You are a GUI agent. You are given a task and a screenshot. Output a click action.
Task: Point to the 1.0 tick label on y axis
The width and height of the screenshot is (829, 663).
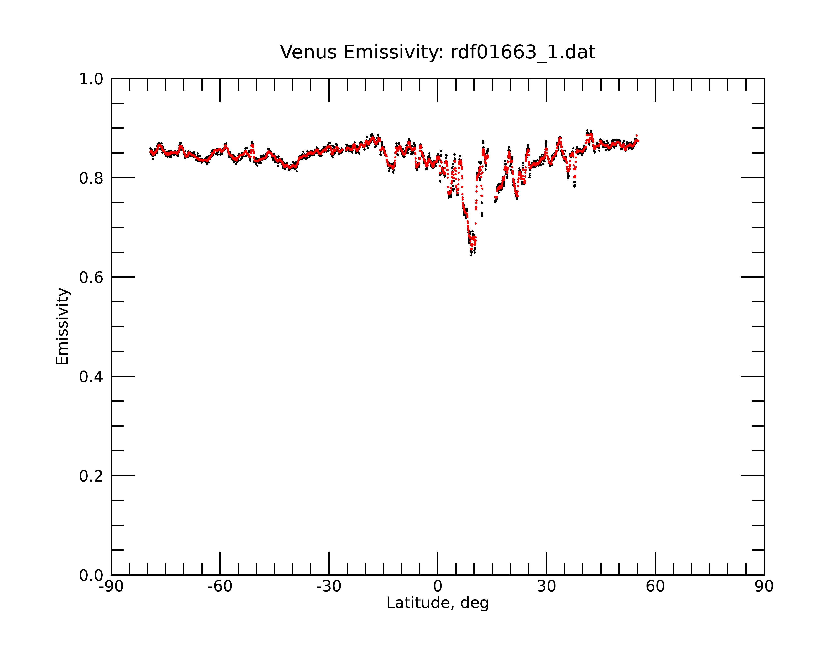[91, 80]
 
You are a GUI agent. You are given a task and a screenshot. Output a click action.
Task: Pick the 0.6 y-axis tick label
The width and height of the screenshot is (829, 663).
[91, 277]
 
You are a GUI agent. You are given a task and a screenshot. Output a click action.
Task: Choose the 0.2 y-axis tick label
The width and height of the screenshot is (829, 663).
[91, 476]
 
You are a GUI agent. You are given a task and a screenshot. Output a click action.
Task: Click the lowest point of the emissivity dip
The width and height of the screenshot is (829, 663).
[471, 255]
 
